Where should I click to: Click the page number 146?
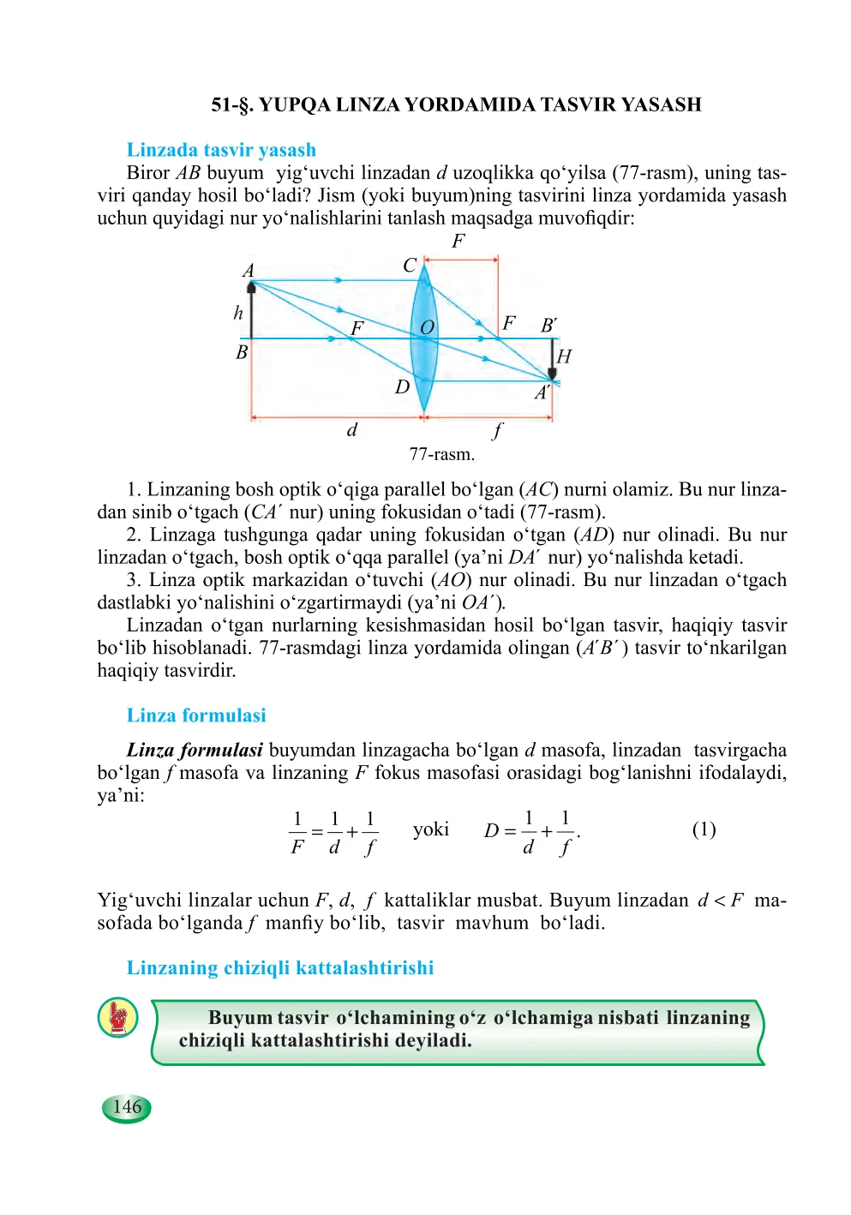(x=127, y=1107)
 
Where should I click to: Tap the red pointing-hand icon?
(x=118, y=1017)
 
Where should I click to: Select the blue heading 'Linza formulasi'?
(x=196, y=715)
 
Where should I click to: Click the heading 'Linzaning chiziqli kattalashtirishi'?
(x=280, y=968)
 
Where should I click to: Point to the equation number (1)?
(x=704, y=829)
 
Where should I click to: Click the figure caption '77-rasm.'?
(x=441, y=454)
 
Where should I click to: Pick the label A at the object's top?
(x=249, y=271)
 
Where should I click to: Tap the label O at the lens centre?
(x=427, y=328)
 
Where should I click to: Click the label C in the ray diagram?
(x=410, y=266)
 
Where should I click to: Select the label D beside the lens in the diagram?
(x=402, y=387)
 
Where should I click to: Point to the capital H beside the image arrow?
(x=564, y=356)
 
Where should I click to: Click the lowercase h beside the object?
(x=238, y=313)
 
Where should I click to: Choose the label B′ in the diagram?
(x=549, y=326)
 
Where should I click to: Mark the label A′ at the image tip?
(x=542, y=393)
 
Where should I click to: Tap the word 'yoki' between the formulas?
(x=430, y=829)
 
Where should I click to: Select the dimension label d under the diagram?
(x=351, y=430)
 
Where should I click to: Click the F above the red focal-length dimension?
(x=458, y=241)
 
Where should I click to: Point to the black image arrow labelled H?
(x=552, y=359)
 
